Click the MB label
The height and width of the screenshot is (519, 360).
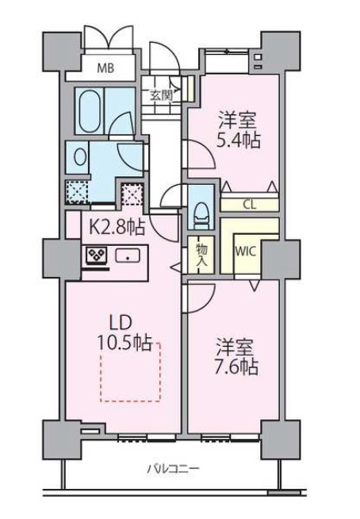(x=105, y=68)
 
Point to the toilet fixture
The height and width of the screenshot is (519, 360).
(x=201, y=207)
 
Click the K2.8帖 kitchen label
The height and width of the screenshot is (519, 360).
(x=116, y=228)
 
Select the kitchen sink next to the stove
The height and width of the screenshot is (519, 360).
(x=127, y=256)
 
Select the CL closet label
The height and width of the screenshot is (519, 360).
(x=249, y=204)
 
